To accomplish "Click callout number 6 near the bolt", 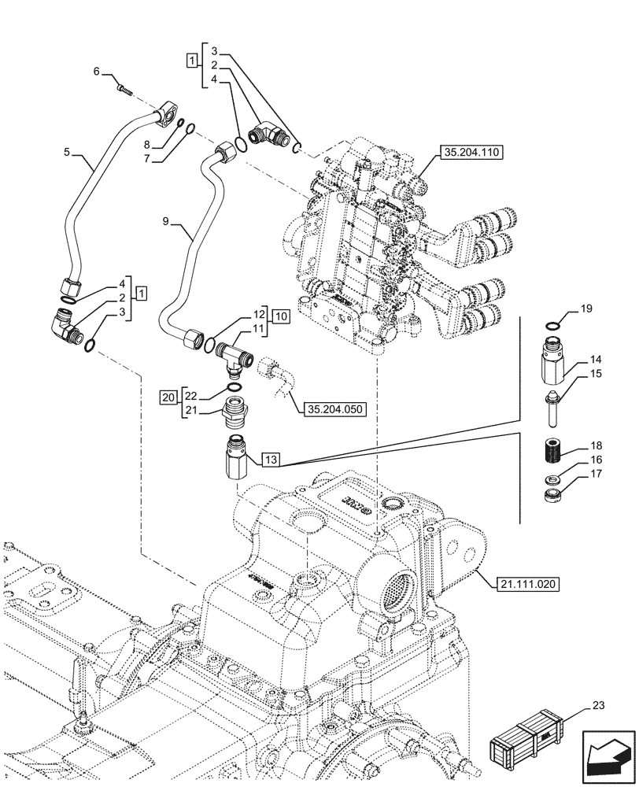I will point(97,72).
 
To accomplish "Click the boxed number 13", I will point(271,459).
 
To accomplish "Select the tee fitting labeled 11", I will point(235,354).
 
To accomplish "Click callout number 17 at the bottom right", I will point(596,475).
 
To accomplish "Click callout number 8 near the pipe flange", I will point(146,146).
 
